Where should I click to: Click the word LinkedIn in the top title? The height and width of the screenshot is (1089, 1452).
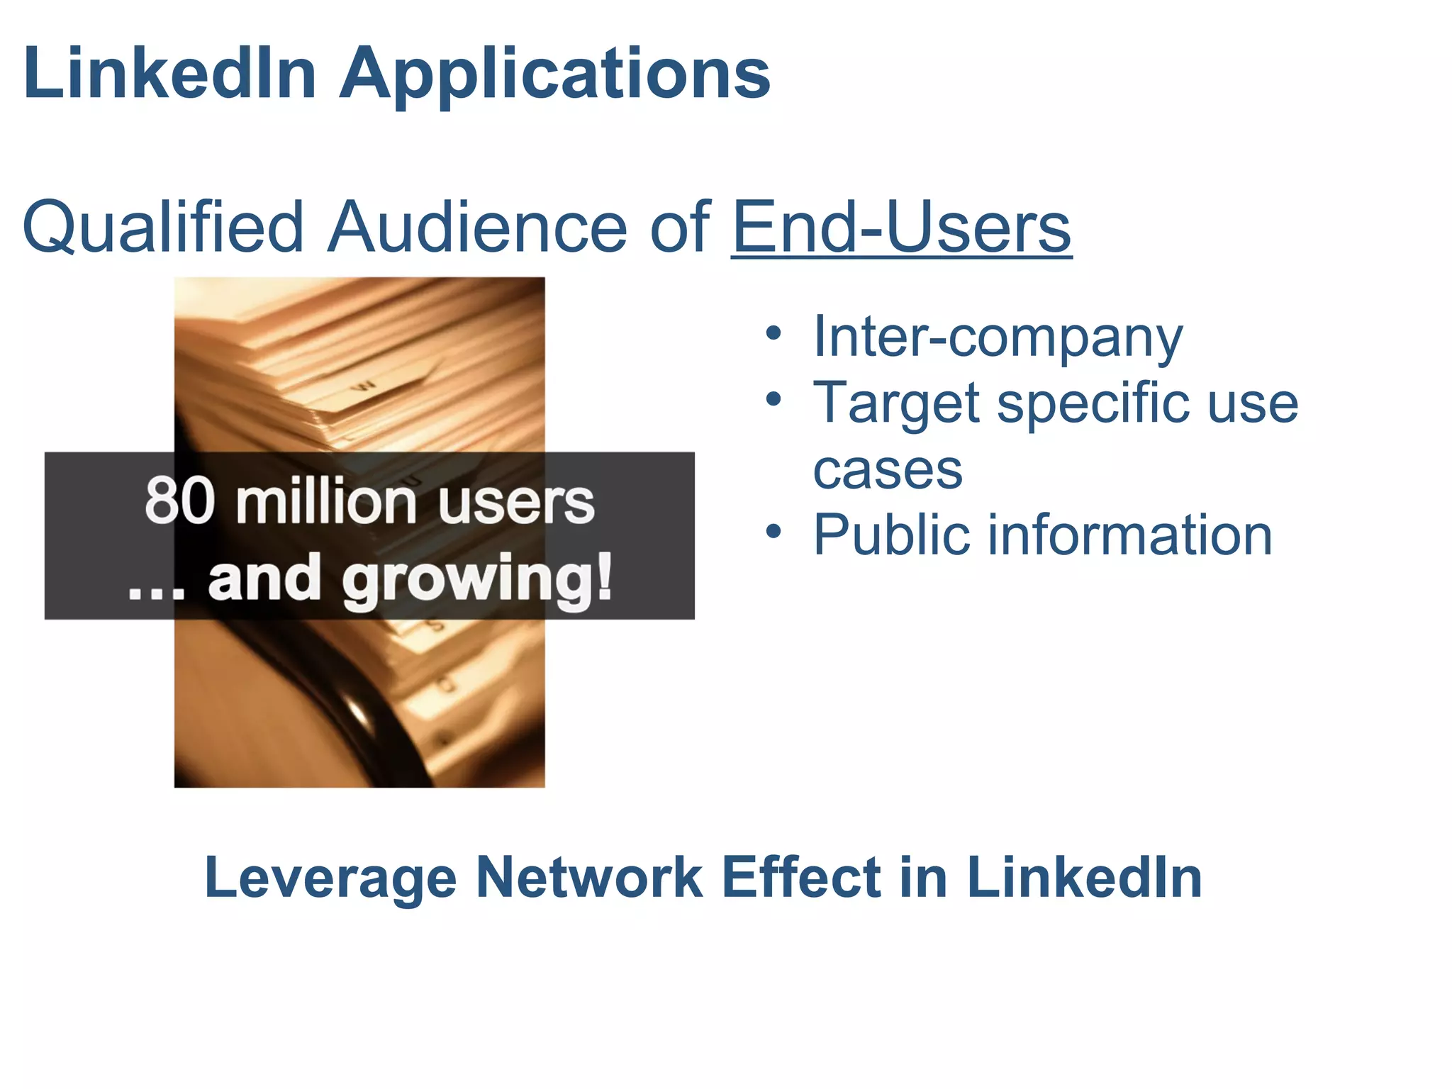click(170, 72)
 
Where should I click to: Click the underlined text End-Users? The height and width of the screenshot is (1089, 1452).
click(901, 227)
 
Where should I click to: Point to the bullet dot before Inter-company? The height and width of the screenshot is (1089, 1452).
click(774, 333)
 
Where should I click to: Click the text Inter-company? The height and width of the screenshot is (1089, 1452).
click(998, 336)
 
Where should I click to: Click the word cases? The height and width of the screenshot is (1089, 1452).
click(888, 469)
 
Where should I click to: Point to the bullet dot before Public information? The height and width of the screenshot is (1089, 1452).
click(774, 531)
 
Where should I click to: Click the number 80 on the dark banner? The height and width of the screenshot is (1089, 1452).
click(179, 501)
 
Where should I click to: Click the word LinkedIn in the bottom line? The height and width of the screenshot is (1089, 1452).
click(1084, 878)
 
